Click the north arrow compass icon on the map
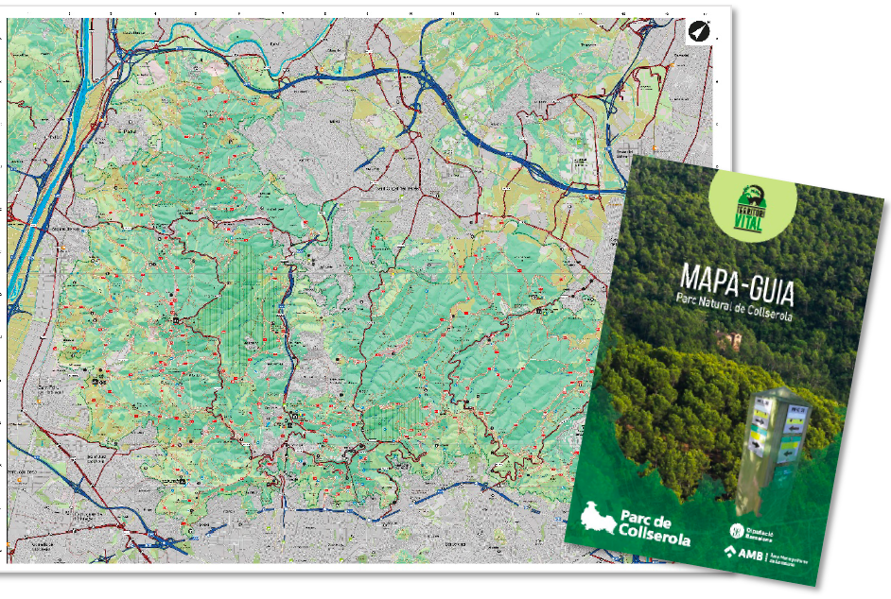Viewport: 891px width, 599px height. (698, 32)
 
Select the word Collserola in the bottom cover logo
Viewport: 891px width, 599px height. (655, 539)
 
